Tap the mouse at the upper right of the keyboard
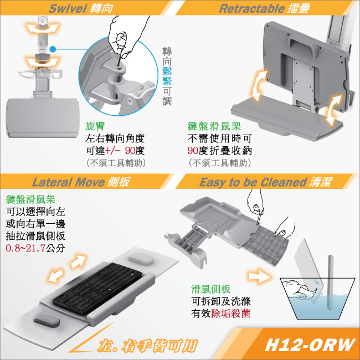click(x=139, y=259)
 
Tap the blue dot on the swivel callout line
click(x=51, y=49)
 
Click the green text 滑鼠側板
click(x=209, y=289)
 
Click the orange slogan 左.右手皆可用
click(x=146, y=345)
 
